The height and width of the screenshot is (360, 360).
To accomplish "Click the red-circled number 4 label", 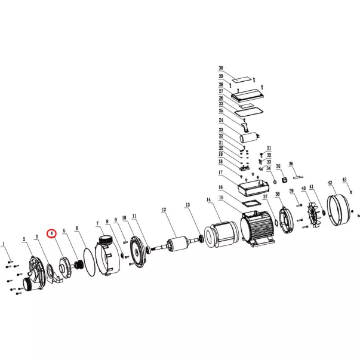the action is (52, 233).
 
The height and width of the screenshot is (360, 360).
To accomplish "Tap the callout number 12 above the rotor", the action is (164, 210).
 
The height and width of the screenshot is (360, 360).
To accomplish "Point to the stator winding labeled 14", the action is (221, 234).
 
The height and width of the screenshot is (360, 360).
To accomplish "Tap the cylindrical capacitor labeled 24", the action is (250, 137).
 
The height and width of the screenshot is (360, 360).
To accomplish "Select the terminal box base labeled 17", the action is (253, 188).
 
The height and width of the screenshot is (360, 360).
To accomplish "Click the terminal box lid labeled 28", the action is (248, 96).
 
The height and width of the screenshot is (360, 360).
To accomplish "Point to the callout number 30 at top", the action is (221, 68).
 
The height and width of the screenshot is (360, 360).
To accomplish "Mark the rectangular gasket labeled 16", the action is (252, 204).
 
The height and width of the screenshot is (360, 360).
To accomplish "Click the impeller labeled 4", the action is (65, 268).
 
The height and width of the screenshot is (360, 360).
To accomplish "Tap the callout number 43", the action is (344, 180).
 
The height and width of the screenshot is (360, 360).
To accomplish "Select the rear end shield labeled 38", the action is (286, 220).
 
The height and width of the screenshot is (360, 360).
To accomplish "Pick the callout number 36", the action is (291, 164).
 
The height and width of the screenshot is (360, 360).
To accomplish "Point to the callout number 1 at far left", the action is (3, 244).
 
